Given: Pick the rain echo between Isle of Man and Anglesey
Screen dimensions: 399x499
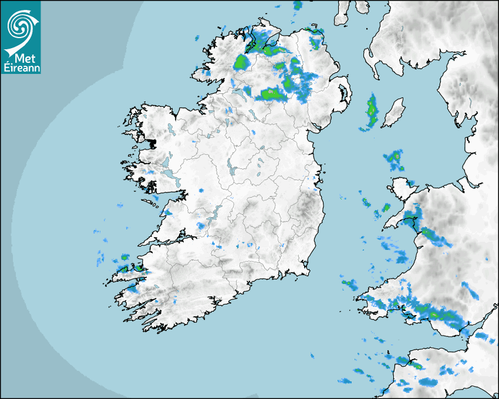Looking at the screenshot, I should pos(393,159).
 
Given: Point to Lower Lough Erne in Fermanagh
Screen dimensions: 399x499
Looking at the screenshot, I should pos(238,92).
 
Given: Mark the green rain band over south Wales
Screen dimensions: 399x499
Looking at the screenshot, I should pos(437,315).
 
